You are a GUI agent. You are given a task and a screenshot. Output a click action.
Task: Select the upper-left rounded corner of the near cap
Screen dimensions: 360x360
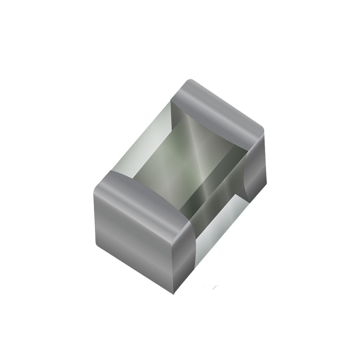96,189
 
